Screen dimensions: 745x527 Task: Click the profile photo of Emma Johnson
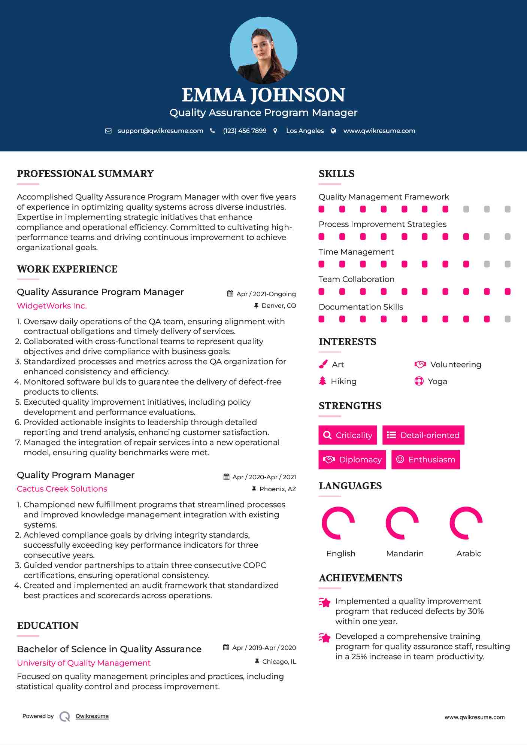click(x=263, y=50)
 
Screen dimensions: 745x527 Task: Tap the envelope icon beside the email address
click(x=108, y=131)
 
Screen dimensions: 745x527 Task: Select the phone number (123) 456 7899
click(x=245, y=131)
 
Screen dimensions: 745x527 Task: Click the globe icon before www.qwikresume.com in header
click(x=333, y=131)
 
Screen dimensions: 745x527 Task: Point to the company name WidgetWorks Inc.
click(x=52, y=306)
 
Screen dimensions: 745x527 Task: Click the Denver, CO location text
click(x=279, y=306)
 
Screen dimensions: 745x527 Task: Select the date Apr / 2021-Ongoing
click(x=266, y=294)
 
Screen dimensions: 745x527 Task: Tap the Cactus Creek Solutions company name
click(x=62, y=489)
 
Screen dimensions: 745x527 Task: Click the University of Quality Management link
click(x=84, y=663)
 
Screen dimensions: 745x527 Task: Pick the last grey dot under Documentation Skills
click(x=508, y=319)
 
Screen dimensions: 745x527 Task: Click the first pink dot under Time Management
click(x=321, y=264)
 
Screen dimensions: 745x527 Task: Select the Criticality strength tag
click(x=348, y=435)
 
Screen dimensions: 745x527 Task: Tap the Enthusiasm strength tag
click(x=425, y=460)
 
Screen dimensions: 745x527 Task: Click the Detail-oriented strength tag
click(x=423, y=435)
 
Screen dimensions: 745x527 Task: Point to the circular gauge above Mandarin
click(x=402, y=523)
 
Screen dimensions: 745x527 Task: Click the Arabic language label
click(x=469, y=554)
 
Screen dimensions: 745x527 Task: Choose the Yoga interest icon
click(x=419, y=381)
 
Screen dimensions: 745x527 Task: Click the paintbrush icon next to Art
click(x=323, y=364)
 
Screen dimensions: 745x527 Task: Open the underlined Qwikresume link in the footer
click(x=92, y=716)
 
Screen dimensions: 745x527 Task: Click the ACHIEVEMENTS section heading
click(x=360, y=578)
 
